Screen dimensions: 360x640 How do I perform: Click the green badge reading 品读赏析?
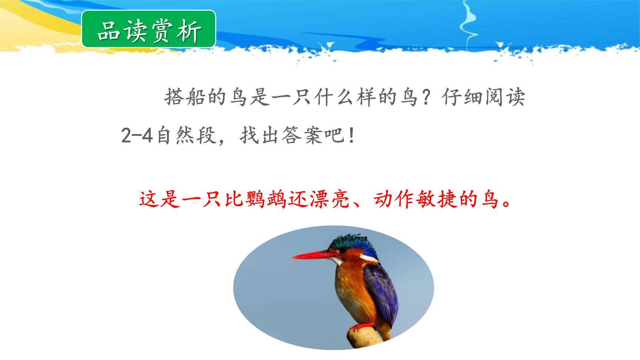pyautogui.click(x=149, y=29)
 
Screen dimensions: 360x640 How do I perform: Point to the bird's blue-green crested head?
pyautogui.click(x=352, y=243)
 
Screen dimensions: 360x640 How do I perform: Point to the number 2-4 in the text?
pyautogui.click(x=137, y=136)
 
